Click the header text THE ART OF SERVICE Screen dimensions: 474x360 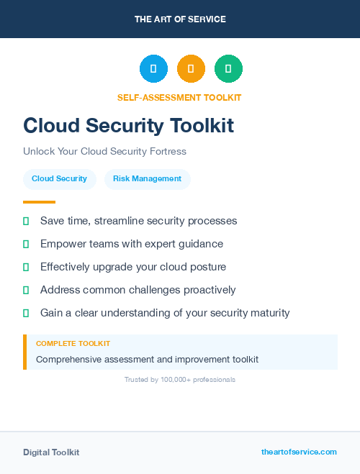(x=180, y=19)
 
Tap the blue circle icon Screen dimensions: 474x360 (x=153, y=68)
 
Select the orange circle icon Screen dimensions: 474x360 (x=191, y=68)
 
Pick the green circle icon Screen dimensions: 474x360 (x=228, y=68)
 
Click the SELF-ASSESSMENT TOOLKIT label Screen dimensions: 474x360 (x=179, y=97)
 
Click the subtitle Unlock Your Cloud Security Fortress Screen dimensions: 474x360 (x=104, y=152)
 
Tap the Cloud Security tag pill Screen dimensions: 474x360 (x=59, y=179)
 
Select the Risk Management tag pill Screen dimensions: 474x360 (x=147, y=179)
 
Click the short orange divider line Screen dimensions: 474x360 (x=39, y=202)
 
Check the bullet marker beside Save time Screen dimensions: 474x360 (x=26, y=221)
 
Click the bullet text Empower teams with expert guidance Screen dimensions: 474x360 (x=132, y=244)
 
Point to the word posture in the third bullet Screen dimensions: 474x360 (x=207, y=267)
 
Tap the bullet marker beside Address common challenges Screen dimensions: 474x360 (x=26, y=290)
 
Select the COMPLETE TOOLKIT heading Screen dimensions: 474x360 (x=73, y=344)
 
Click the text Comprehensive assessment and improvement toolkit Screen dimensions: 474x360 (x=147, y=359)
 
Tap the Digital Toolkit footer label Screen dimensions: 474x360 (x=51, y=452)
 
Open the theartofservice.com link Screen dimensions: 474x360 (x=299, y=452)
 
